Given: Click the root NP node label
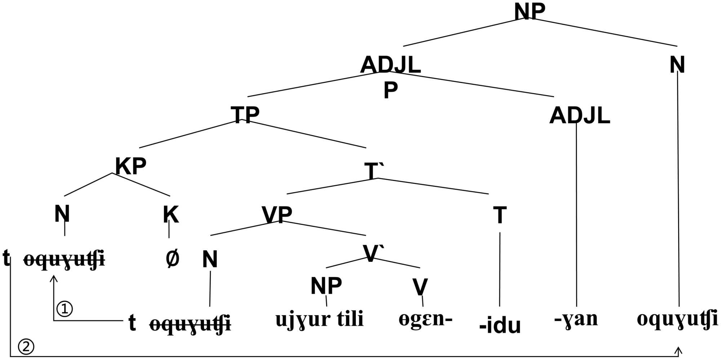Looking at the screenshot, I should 529,12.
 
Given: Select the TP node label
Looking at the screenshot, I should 245,115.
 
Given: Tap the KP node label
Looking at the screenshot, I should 131,166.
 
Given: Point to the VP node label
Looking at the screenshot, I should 277,215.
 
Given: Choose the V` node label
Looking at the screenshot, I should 373,253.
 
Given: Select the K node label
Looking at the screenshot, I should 171,215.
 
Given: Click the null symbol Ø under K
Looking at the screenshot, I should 172,259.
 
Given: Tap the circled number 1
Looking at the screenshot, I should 65,309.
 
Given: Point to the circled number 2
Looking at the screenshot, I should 26,347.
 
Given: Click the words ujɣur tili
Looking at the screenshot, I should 319,319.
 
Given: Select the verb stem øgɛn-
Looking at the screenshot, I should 425,319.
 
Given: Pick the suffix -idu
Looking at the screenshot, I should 500,325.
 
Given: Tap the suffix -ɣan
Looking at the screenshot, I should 576,319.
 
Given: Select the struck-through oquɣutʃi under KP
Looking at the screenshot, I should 64,259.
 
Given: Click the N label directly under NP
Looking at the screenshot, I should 677,65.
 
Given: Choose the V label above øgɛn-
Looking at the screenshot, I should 420,287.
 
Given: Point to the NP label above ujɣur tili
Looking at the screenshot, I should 326,286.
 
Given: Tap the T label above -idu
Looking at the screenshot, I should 500,215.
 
